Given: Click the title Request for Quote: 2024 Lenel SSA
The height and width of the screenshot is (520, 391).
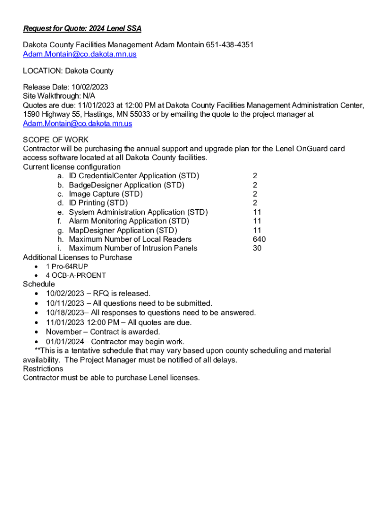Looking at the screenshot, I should pyautogui.click(x=82, y=29).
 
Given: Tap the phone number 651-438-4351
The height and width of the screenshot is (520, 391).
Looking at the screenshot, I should pyautogui.click(x=230, y=45).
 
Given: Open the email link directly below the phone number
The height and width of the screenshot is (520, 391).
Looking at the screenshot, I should pyautogui.click(x=80, y=54).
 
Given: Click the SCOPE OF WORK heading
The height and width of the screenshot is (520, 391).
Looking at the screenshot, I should pyautogui.click(x=56, y=140).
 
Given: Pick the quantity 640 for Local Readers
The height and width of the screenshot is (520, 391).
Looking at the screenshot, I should pyautogui.click(x=259, y=239).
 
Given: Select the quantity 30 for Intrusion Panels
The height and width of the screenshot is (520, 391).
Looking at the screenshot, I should pyautogui.click(x=257, y=248).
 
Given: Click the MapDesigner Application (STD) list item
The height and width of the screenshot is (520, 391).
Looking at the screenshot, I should pyautogui.click(x=123, y=230).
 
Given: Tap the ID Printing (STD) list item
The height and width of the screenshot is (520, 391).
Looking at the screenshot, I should pyautogui.click(x=98, y=203).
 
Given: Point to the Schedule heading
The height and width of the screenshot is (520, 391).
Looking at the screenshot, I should pyautogui.click(x=39, y=284).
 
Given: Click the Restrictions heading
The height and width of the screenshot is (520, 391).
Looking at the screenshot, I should pyautogui.click(x=43, y=369).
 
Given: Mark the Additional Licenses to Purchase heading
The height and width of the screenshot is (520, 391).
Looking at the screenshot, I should pyautogui.click(x=77, y=257).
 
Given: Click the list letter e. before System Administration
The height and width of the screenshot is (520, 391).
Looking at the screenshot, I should pyautogui.click(x=60, y=212).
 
